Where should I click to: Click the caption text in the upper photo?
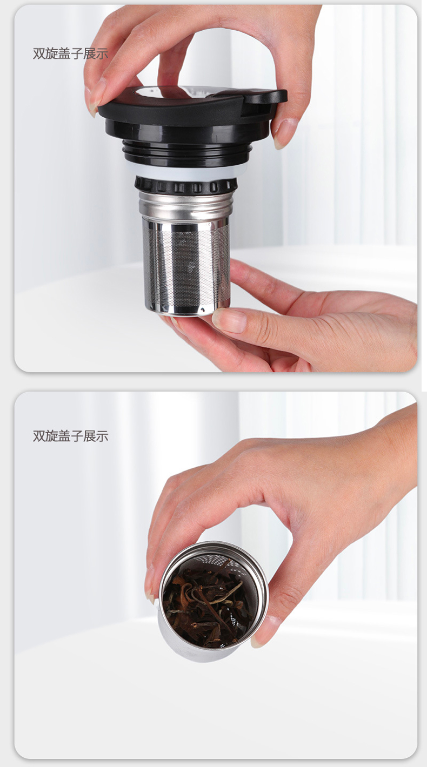pos(71,54)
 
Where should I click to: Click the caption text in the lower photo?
pos(71,436)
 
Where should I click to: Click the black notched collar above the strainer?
pos(186,186)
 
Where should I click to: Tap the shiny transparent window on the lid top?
pos(171,91)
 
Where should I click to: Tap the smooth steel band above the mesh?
pos(185,205)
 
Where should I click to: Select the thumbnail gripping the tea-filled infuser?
pos(262,630)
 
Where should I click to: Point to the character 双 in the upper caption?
pos(39,54)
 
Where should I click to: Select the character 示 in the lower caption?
pos(102,436)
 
